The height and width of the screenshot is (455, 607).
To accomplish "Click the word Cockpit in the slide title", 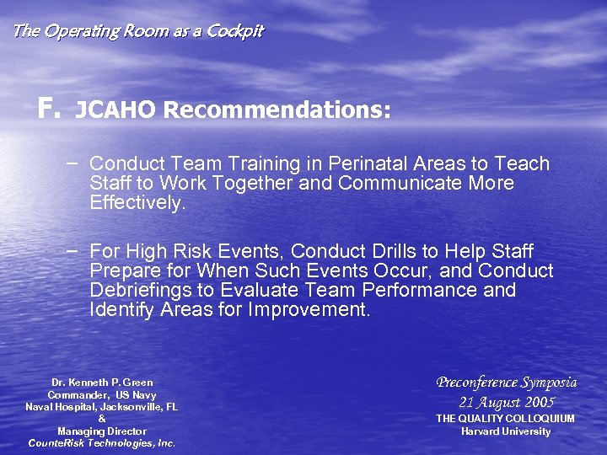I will pyautogui.click(x=234, y=31).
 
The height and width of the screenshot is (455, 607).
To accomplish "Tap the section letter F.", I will pyautogui.click(x=46, y=109).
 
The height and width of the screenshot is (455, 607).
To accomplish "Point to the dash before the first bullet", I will pyautogui.click(x=74, y=162).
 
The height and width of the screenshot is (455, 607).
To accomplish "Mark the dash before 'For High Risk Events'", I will pyautogui.click(x=74, y=250).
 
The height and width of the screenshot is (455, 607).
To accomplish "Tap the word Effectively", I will pyautogui.click(x=137, y=202).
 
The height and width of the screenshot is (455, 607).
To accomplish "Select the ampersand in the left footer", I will pyautogui.click(x=102, y=419).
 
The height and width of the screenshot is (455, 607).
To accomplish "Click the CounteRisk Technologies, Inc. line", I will pyautogui.click(x=102, y=442).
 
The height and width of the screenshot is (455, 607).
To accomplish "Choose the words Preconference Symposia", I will pyautogui.click(x=506, y=383).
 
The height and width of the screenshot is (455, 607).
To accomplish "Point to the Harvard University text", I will pyautogui.click(x=506, y=431).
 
